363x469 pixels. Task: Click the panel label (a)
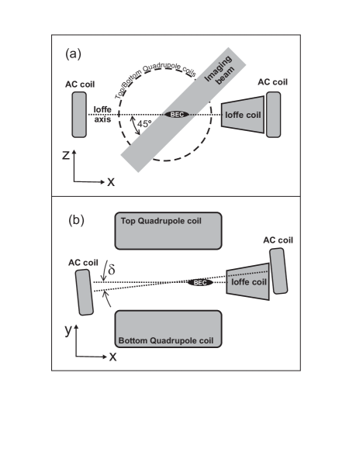tap(74, 54)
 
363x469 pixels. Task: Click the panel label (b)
tap(77, 220)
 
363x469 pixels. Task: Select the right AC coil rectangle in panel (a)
tap(273, 115)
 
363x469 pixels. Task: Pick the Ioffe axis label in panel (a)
tap(103, 113)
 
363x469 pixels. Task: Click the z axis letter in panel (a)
tap(66, 155)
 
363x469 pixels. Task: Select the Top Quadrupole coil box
tap(168, 229)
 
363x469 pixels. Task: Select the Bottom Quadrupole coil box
tap(168, 329)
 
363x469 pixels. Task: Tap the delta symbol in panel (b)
tap(111, 271)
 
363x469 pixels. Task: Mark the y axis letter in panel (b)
tap(67, 329)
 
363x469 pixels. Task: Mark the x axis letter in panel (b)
tap(112, 357)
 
